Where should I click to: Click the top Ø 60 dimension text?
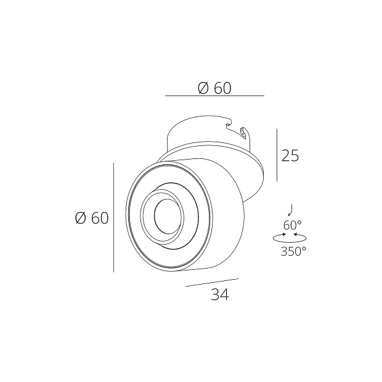[x=214, y=88]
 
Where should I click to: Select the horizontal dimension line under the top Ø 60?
[x=214, y=96]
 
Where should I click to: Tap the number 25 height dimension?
[x=290, y=156]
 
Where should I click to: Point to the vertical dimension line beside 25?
[x=277, y=155]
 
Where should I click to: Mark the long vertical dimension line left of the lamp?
[x=114, y=217]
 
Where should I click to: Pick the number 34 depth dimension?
[x=219, y=295]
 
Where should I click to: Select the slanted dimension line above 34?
[x=211, y=282]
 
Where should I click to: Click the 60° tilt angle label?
[x=292, y=225]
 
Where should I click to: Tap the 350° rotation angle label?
[x=293, y=251]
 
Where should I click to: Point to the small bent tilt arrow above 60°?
[x=293, y=208]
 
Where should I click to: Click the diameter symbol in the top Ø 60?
[x=204, y=88]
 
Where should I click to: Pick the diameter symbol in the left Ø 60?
[x=81, y=218]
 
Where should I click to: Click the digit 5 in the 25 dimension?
[x=295, y=156]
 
